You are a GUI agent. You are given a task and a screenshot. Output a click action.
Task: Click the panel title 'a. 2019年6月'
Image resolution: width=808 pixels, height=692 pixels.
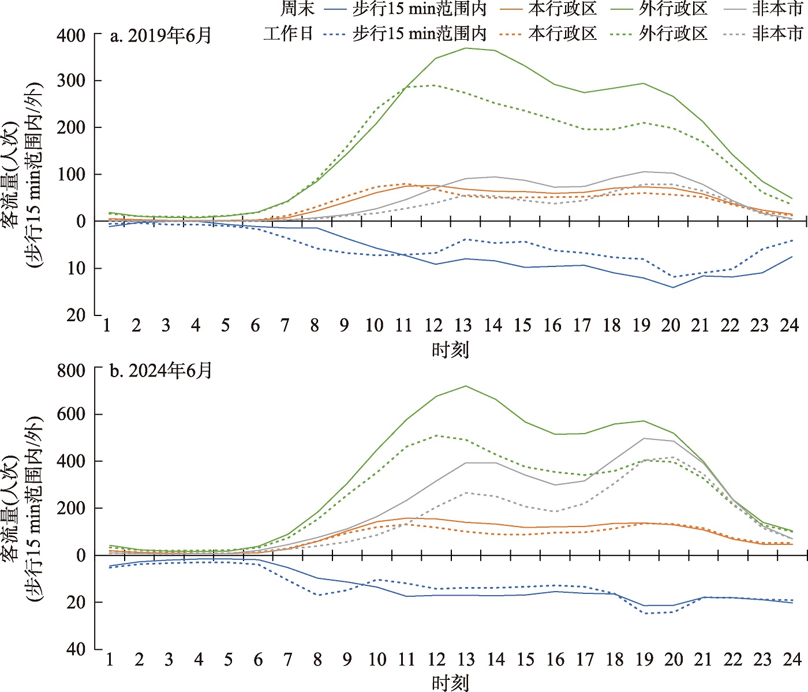click(161, 36)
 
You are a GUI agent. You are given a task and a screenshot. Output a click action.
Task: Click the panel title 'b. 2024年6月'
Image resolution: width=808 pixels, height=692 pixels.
click(161, 370)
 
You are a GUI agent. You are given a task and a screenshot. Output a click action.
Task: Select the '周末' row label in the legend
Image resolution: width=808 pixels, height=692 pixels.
click(297, 9)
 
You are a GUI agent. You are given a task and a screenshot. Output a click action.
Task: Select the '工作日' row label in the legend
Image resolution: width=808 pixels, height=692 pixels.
click(289, 33)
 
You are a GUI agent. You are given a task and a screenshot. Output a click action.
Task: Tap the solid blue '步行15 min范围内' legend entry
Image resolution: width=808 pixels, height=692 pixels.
click(406, 9)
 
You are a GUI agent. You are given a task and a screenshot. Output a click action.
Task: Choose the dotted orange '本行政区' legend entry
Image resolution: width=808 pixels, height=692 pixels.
click(548, 33)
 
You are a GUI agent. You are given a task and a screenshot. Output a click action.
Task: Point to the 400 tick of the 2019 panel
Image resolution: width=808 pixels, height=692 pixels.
click(71, 36)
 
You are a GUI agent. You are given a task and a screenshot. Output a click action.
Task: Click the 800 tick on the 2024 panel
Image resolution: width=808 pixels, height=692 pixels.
click(71, 370)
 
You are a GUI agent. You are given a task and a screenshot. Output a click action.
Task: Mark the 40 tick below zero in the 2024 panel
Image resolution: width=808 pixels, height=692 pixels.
click(76, 649)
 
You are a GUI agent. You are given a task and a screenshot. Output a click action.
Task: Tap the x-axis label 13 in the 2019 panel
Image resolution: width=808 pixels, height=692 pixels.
click(463, 326)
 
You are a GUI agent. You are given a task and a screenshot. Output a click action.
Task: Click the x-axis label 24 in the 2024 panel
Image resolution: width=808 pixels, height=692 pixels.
click(792, 659)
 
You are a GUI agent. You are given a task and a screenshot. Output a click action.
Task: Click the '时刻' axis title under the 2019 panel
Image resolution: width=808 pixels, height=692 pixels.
click(450, 349)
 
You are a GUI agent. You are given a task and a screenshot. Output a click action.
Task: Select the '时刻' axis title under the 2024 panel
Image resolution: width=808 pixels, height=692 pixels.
click(450, 683)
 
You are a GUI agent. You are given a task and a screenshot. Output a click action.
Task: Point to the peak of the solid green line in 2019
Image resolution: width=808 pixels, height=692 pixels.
click(465, 48)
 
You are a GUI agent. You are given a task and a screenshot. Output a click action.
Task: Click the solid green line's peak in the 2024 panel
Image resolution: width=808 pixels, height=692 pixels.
click(466, 386)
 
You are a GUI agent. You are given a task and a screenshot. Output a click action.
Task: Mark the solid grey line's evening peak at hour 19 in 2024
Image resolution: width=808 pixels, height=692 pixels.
click(644, 438)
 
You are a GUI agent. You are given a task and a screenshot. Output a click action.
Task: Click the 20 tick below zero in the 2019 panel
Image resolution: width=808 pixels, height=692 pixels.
click(76, 315)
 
